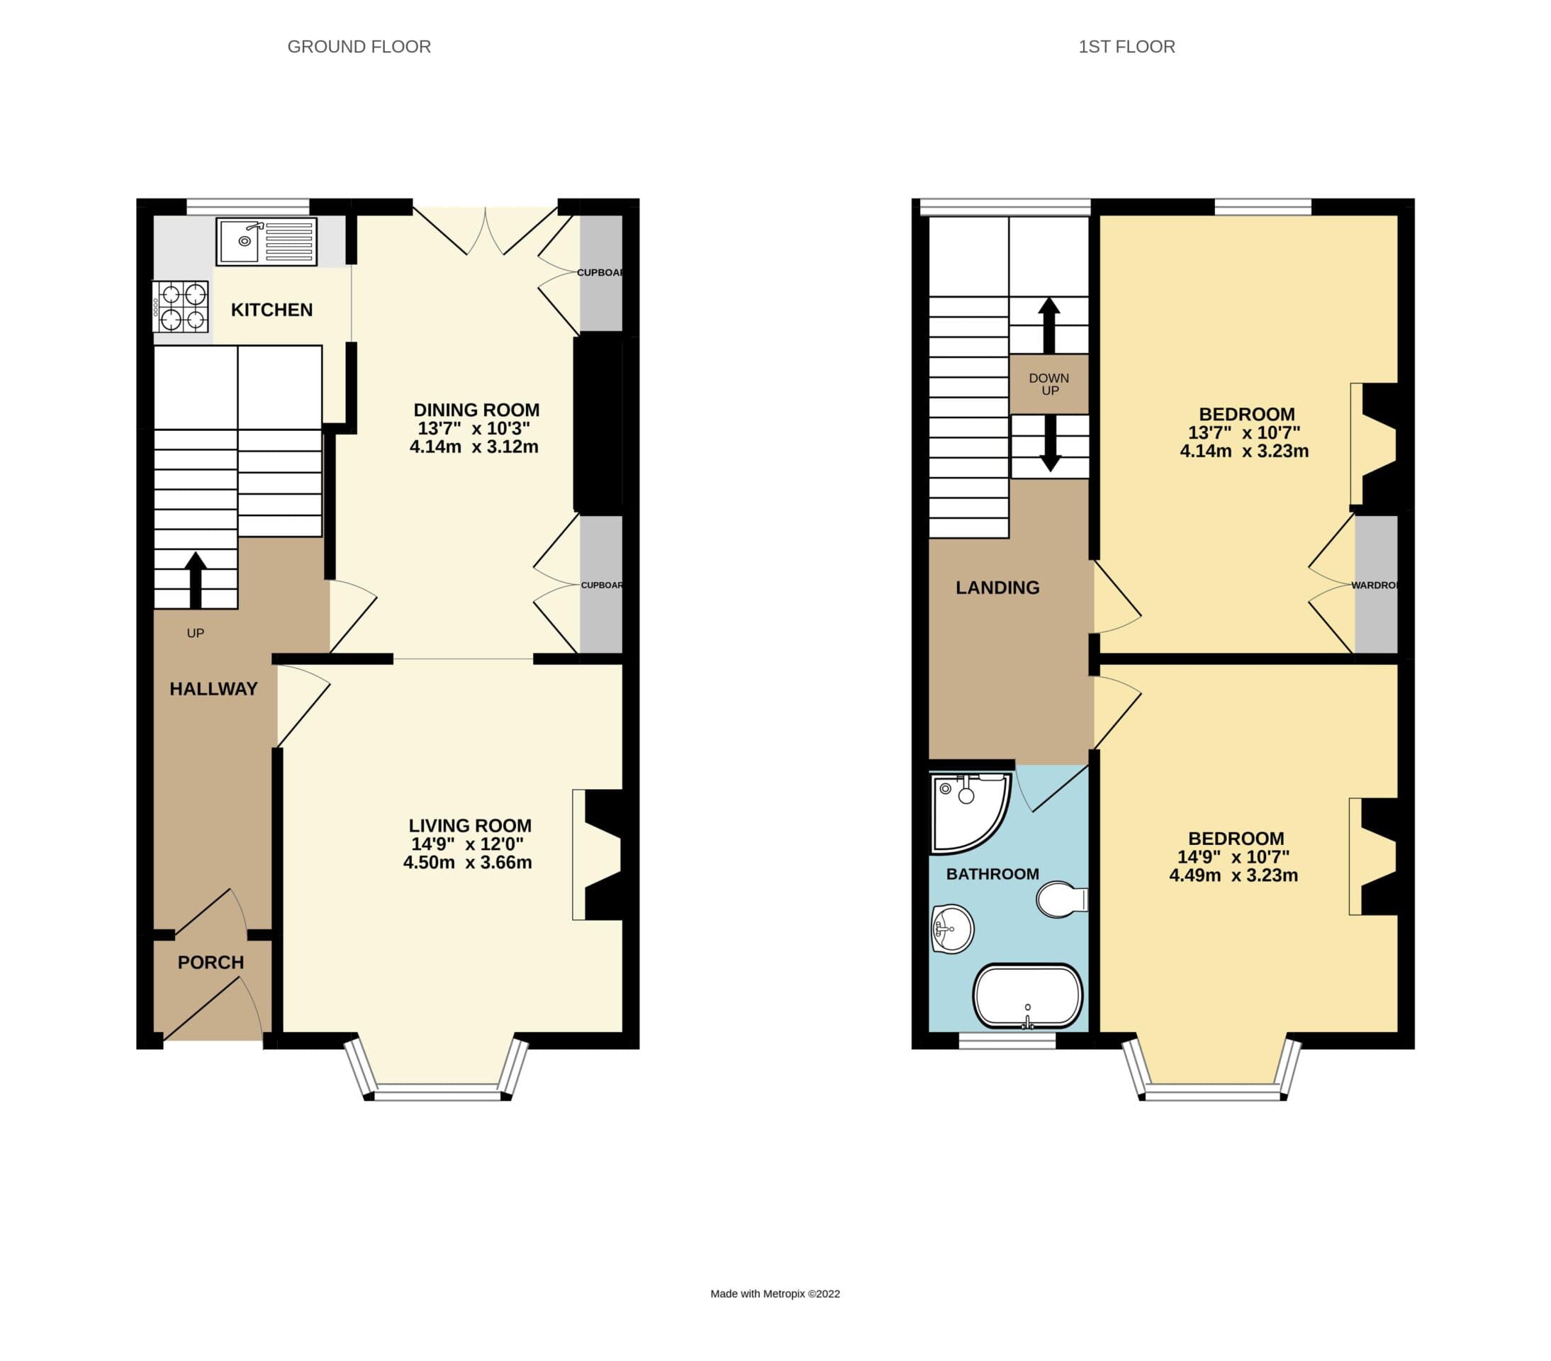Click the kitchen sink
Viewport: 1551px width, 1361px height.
point(267,242)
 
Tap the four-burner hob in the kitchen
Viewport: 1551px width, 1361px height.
point(181,306)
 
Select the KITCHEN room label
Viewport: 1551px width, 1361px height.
point(271,310)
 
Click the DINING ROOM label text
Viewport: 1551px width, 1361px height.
point(476,410)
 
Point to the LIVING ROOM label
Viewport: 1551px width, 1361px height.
point(470,825)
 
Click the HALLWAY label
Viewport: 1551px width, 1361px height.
point(213,689)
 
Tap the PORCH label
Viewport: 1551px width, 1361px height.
point(211,963)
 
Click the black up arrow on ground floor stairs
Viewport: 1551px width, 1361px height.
point(196,581)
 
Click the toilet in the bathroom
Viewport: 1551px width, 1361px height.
point(1063,899)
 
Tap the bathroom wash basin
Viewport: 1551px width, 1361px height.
point(952,929)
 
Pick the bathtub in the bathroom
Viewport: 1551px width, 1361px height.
point(1028,997)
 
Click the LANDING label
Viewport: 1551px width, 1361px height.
point(997,588)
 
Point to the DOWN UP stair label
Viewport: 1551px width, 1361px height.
point(1049,384)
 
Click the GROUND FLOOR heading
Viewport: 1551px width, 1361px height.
point(359,47)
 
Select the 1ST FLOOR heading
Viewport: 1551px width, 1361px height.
point(1127,47)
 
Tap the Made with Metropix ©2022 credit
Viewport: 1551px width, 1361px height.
point(775,1294)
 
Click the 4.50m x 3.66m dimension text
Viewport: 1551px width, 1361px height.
point(467,863)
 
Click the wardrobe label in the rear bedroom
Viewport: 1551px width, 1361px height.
point(1374,586)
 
